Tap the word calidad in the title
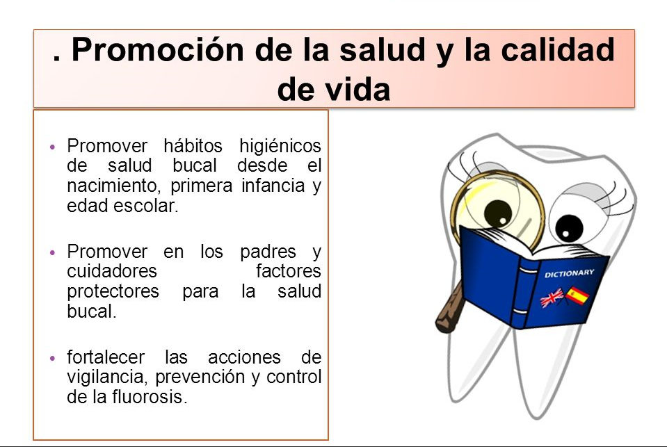[558, 50]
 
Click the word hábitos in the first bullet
[193, 145]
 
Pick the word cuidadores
[112, 270]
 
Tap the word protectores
[113, 292]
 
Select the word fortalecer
[106, 357]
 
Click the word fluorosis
[149, 396]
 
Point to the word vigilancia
[109, 377]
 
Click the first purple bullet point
[52, 147]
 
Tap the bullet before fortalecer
[52, 358]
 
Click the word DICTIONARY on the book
[569, 273]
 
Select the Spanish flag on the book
[576, 295]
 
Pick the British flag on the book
[552, 298]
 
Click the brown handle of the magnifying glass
[449, 309]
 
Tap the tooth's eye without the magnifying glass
[569, 228]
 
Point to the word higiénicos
[280, 145]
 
